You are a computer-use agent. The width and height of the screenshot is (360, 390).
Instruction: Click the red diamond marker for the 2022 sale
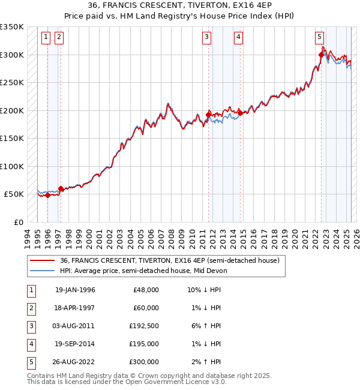[x=321, y=55]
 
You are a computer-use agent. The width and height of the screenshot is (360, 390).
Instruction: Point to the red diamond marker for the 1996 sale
[x=47, y=195]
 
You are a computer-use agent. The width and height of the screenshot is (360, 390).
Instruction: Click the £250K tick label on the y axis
[x=11, y=83]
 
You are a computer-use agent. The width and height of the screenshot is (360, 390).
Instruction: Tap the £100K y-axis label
[x=11, y=166]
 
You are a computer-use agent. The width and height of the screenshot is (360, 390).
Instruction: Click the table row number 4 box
[x=29, y=344]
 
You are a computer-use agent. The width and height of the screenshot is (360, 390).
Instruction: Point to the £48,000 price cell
[x=144, y=290]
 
